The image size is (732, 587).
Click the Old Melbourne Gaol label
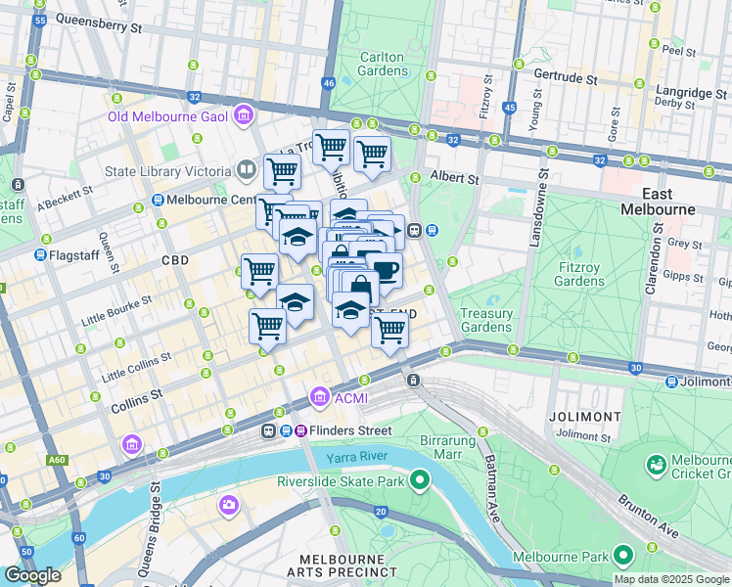tap(167, 118)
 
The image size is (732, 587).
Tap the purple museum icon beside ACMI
tap(319, 398)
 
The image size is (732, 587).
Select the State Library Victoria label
tap(167, 172)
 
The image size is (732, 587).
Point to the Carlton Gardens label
tap(383, 64)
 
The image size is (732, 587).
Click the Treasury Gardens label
tap(486, 320)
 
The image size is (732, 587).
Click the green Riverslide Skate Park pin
tap(420, 479)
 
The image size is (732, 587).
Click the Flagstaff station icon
tap(40, 254)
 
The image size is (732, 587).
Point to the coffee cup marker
tap(386, 269)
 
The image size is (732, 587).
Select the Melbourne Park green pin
tap(622, 557)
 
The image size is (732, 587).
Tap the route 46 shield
tap(328, 84)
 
